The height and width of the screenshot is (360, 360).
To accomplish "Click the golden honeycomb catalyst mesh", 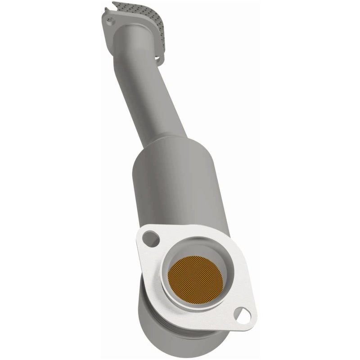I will pos(196,276).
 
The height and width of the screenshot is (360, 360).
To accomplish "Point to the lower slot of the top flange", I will pos(157,58).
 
